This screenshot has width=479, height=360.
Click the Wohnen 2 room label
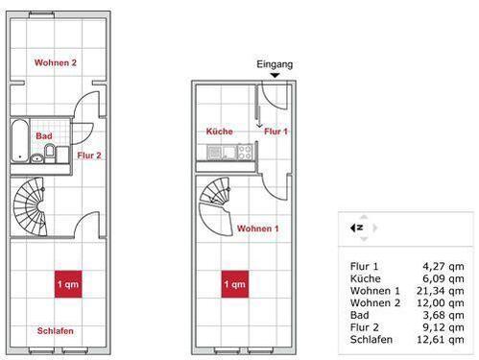[55, 63]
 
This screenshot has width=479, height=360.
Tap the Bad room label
[44, 136]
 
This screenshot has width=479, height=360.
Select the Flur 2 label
[89, 154]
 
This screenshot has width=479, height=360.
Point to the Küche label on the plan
[220, 131]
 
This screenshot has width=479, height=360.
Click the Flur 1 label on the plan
[276, 131]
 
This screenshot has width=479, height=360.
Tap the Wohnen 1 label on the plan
[258, 228]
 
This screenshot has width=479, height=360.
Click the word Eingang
[275, 63]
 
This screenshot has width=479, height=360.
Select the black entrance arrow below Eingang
[275, 75]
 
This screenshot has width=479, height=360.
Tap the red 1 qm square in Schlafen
[67, 285]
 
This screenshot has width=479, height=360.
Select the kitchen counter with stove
[229, 152]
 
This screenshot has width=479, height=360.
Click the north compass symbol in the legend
[357, 228]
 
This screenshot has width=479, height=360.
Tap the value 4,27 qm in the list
[443, 266]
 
